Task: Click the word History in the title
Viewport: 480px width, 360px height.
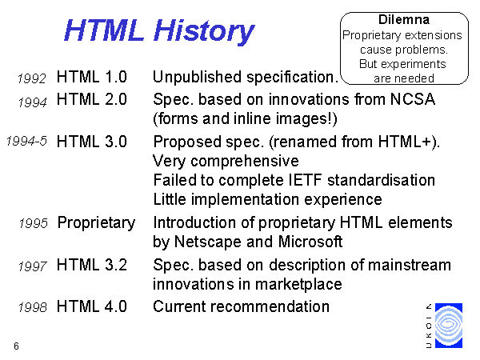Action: click(204, 31)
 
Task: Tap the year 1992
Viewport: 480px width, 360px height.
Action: click(32, 78)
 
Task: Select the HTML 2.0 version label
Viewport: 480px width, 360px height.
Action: click(92, 99)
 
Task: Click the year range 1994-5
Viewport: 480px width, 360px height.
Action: click(26, 141)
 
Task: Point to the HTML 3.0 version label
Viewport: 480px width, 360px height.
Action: click(92, 142)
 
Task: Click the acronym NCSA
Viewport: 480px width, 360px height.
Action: click(413, 99)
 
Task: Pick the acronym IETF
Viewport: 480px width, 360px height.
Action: click(306, 180)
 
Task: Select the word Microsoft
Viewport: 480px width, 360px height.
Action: click(310, 242)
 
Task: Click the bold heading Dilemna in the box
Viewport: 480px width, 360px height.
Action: click(404, 19)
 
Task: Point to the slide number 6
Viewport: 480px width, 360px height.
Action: click(16, 346)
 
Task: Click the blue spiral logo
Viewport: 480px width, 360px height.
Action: click(449, 326)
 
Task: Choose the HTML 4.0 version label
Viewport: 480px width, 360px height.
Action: click(92, 306)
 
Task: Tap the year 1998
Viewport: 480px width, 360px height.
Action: click(33, 307)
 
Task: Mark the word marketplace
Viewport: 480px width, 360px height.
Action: click(298, 284)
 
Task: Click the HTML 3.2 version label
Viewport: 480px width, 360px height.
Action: click(92, 265)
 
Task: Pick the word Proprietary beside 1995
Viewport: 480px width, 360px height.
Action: click(97, 223)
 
